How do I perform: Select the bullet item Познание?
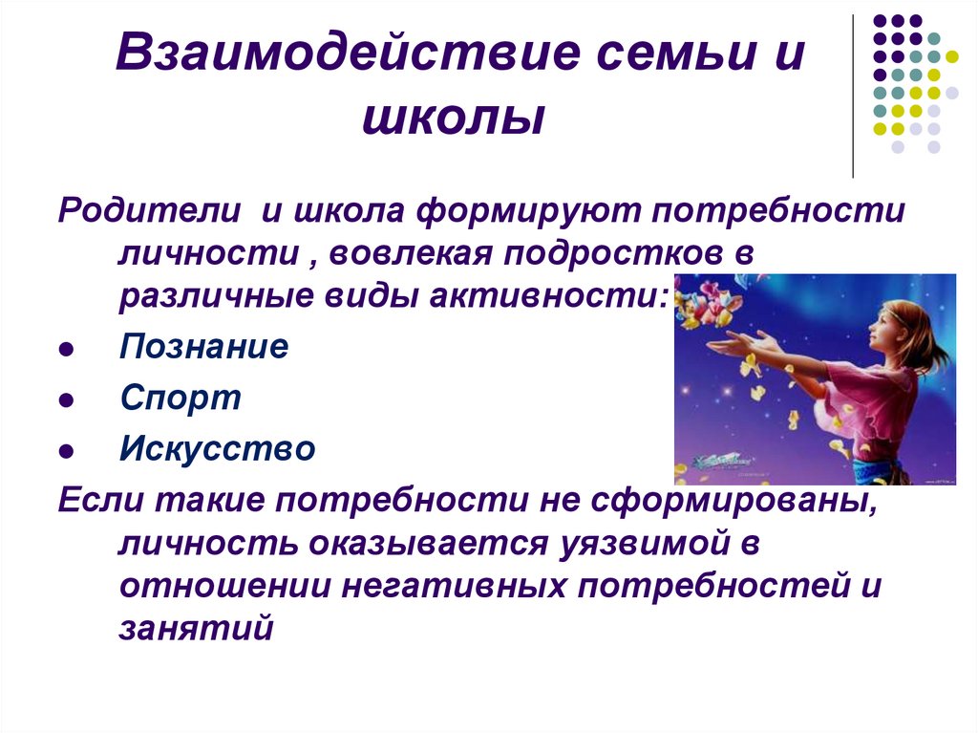pos(203,346)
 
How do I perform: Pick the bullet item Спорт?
pos(181,397)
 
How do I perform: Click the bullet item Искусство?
pos(218,448)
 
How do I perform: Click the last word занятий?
pos(197,627)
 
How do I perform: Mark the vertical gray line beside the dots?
pos(853,96)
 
